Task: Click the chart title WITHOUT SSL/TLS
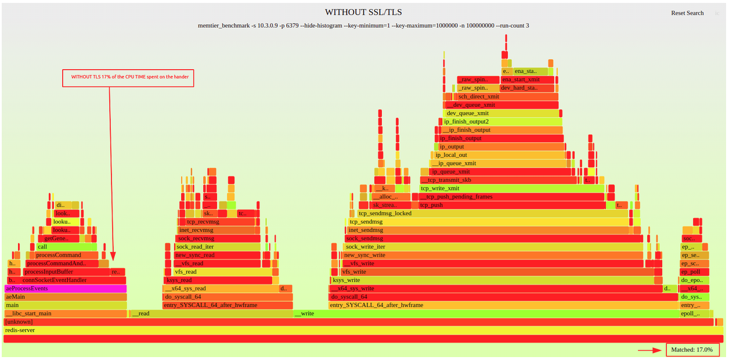[363, 12]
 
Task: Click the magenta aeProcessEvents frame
[65, 289]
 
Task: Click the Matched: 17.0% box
[692, 350]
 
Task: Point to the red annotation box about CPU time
[128, 77]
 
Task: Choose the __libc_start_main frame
[65, 314]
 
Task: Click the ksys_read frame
[218, 280]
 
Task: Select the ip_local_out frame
[499, 155]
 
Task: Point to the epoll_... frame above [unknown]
[694, 314]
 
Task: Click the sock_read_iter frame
[218, 247]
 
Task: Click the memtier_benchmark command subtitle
[363, 26]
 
